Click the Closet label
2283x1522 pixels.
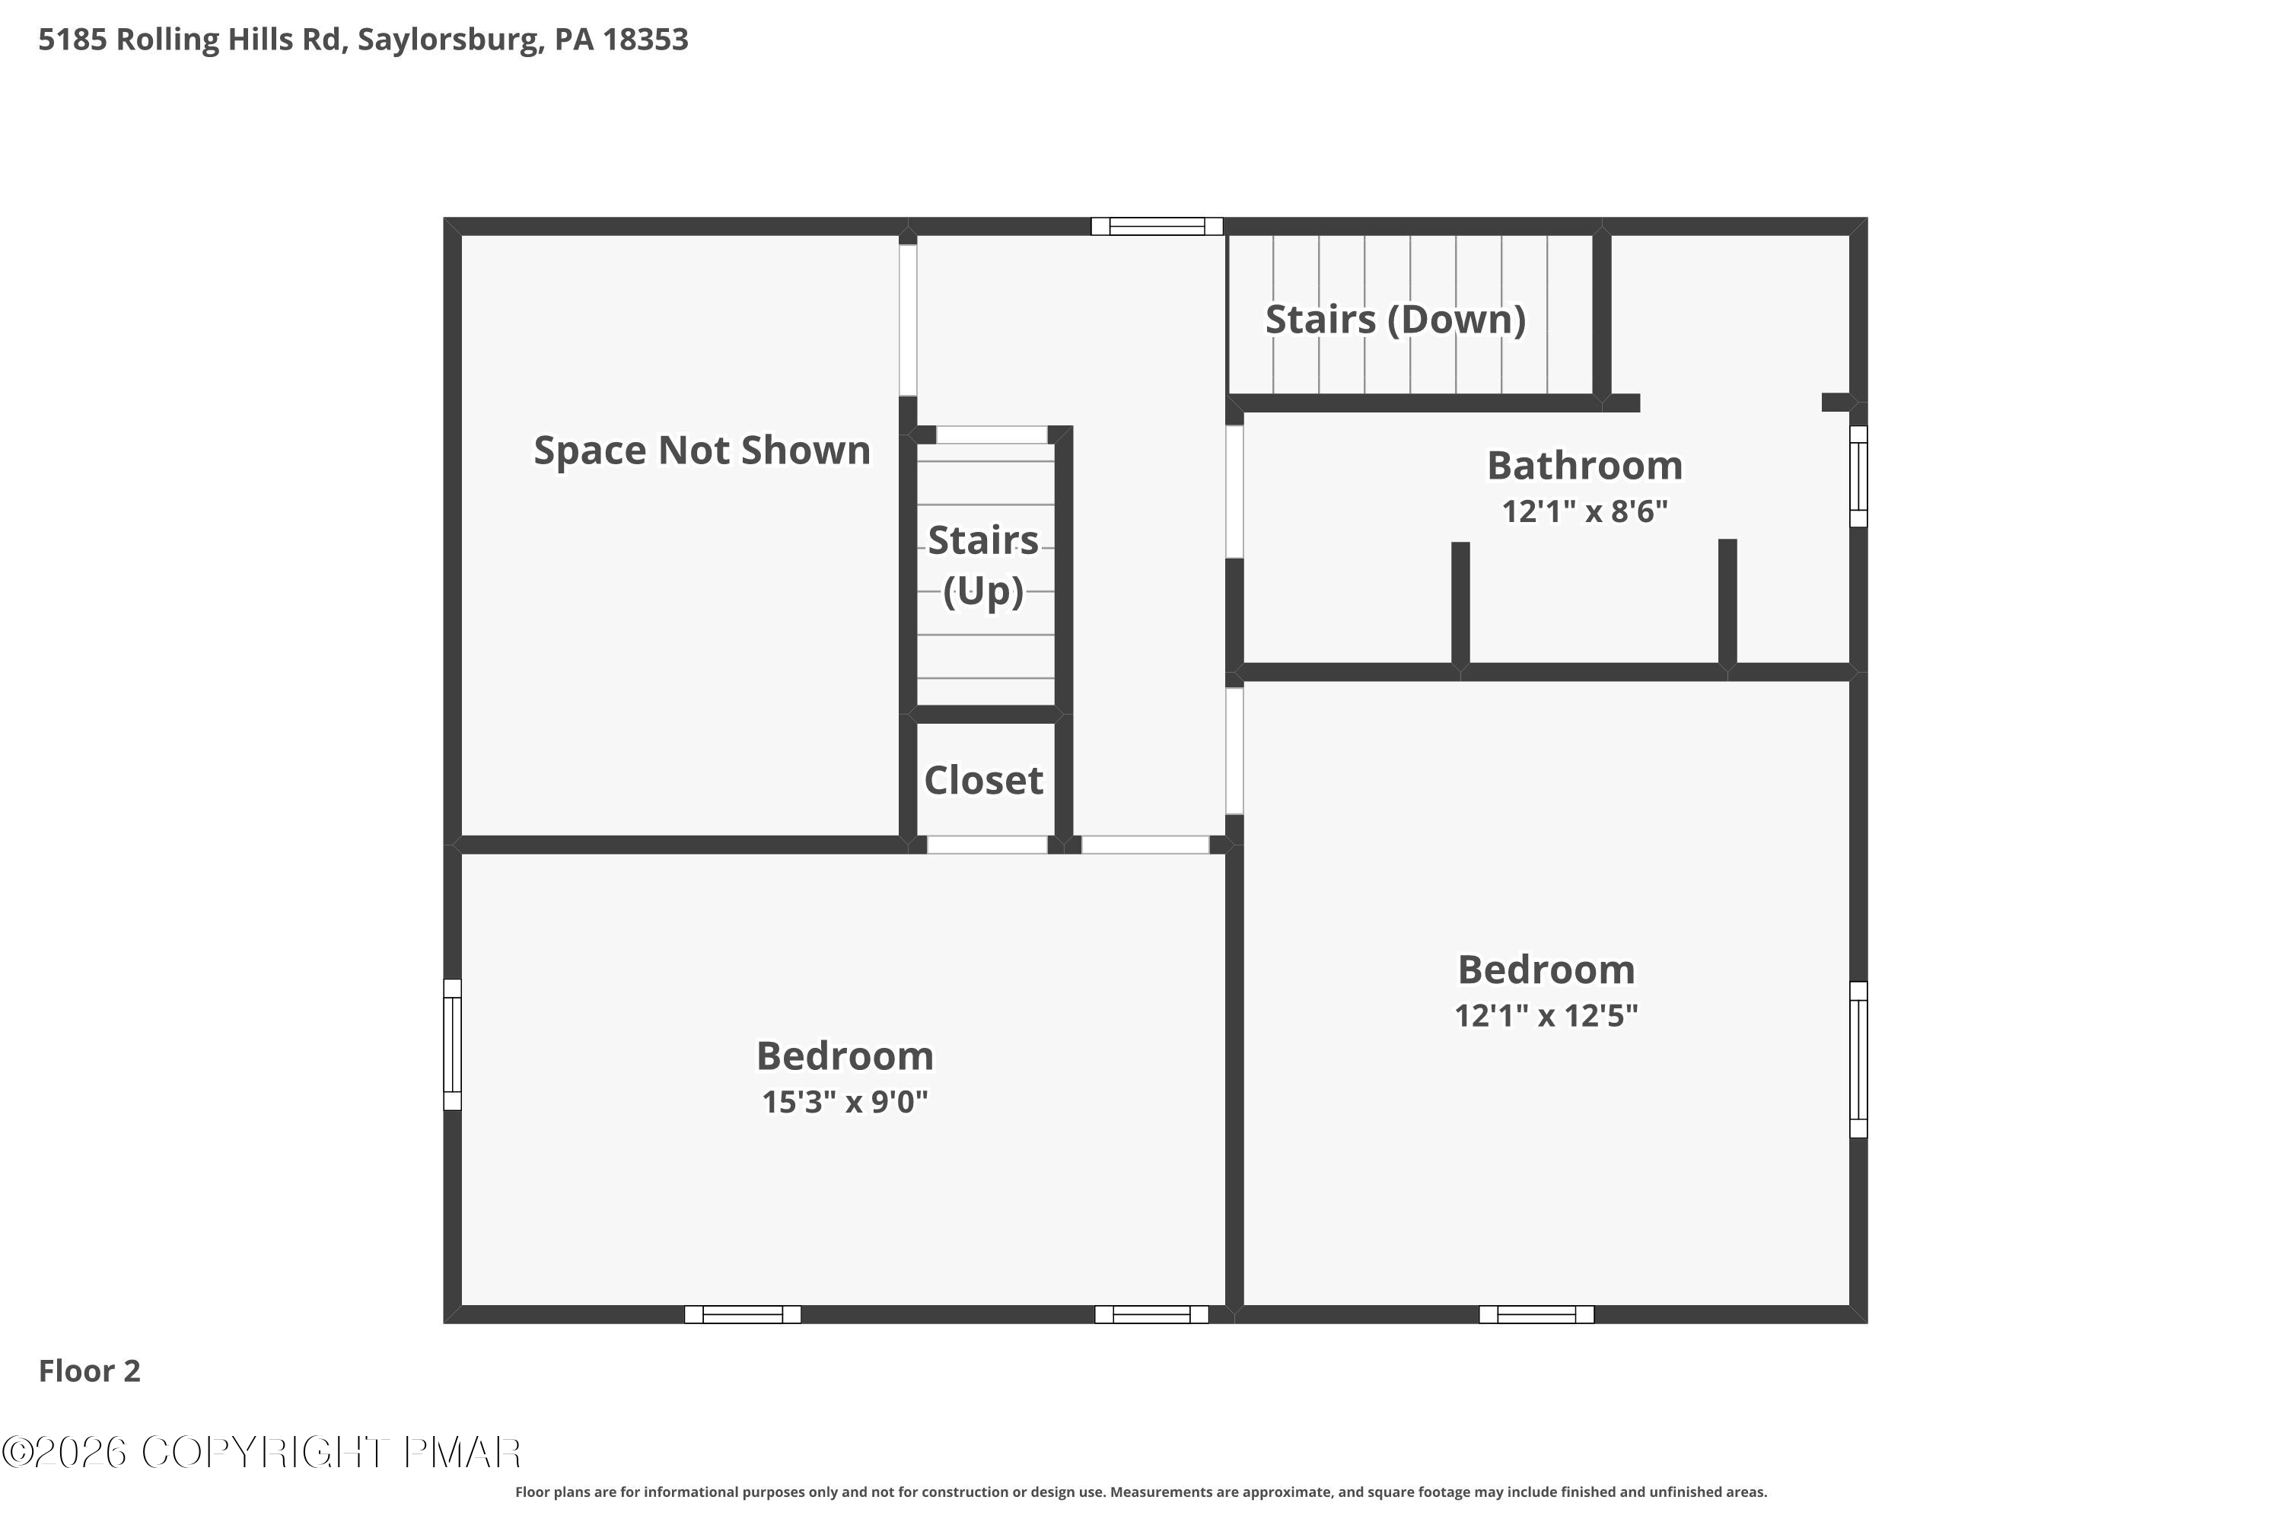pyautogui.click(x=983, y=781)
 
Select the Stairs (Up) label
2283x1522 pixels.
pyautogui.click(x=983, y=565)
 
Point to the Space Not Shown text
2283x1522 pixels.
pyautogui.click(x=702, y=451)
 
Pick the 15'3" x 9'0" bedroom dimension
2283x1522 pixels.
pyautogui.click(x=845, y=1102)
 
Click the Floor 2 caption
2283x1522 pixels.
pyautogui.click(x=89, y=1371)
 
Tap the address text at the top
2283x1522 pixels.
pyautogui.click(x=363, y=40)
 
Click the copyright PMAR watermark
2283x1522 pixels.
pyautogui.click(x=262, y=1453)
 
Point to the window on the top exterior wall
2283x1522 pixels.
pyautogui.click(x=1156, y=226)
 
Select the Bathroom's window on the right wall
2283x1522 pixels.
pyautogui.click(x=1858, y=476)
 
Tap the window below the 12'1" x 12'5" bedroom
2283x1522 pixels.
pyautogui.click(x=1536, y=1314)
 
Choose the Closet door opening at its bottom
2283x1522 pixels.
pyautogui.click(x=987, y=845)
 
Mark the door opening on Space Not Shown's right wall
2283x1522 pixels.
pyautogui.click(x=908, y=320)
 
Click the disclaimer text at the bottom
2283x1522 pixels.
pyautogui.click(x=1141, y=1492)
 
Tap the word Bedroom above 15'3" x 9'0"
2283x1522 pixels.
pyautogui.click(x=845, y=1056)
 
